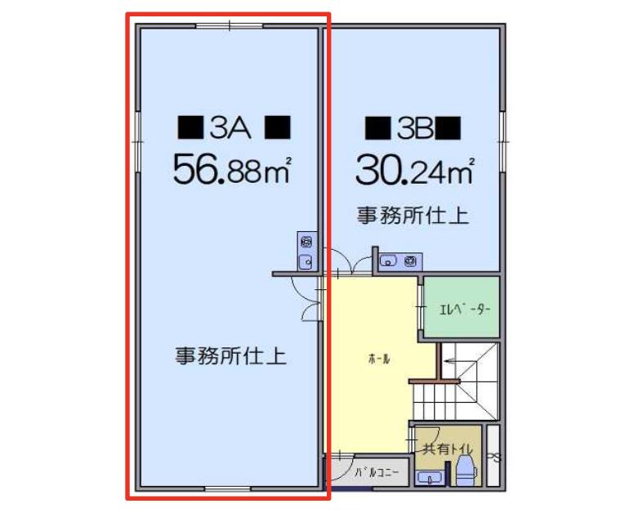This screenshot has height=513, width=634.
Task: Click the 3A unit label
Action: (230, 127)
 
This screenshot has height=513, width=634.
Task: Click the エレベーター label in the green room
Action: (465, 310)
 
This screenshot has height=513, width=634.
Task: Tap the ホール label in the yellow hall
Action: (379, 359)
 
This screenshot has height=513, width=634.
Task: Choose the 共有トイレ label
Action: (447, 448)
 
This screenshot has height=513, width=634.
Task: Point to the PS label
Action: (493, 457)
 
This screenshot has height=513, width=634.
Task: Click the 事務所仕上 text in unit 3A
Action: (231, 356)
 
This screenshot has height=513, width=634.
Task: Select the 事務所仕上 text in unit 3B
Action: (413, 216)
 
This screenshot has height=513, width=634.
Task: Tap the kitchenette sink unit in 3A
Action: (307, 251)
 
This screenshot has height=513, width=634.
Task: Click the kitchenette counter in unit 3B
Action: (400, 261)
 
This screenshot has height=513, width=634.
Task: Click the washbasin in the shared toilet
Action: (430, 478)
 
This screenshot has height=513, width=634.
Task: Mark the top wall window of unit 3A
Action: (230, 26)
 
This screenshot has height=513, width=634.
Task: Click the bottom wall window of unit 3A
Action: (228, 488)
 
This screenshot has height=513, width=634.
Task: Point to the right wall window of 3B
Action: (502, 142)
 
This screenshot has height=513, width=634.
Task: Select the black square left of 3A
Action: (190, 127)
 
